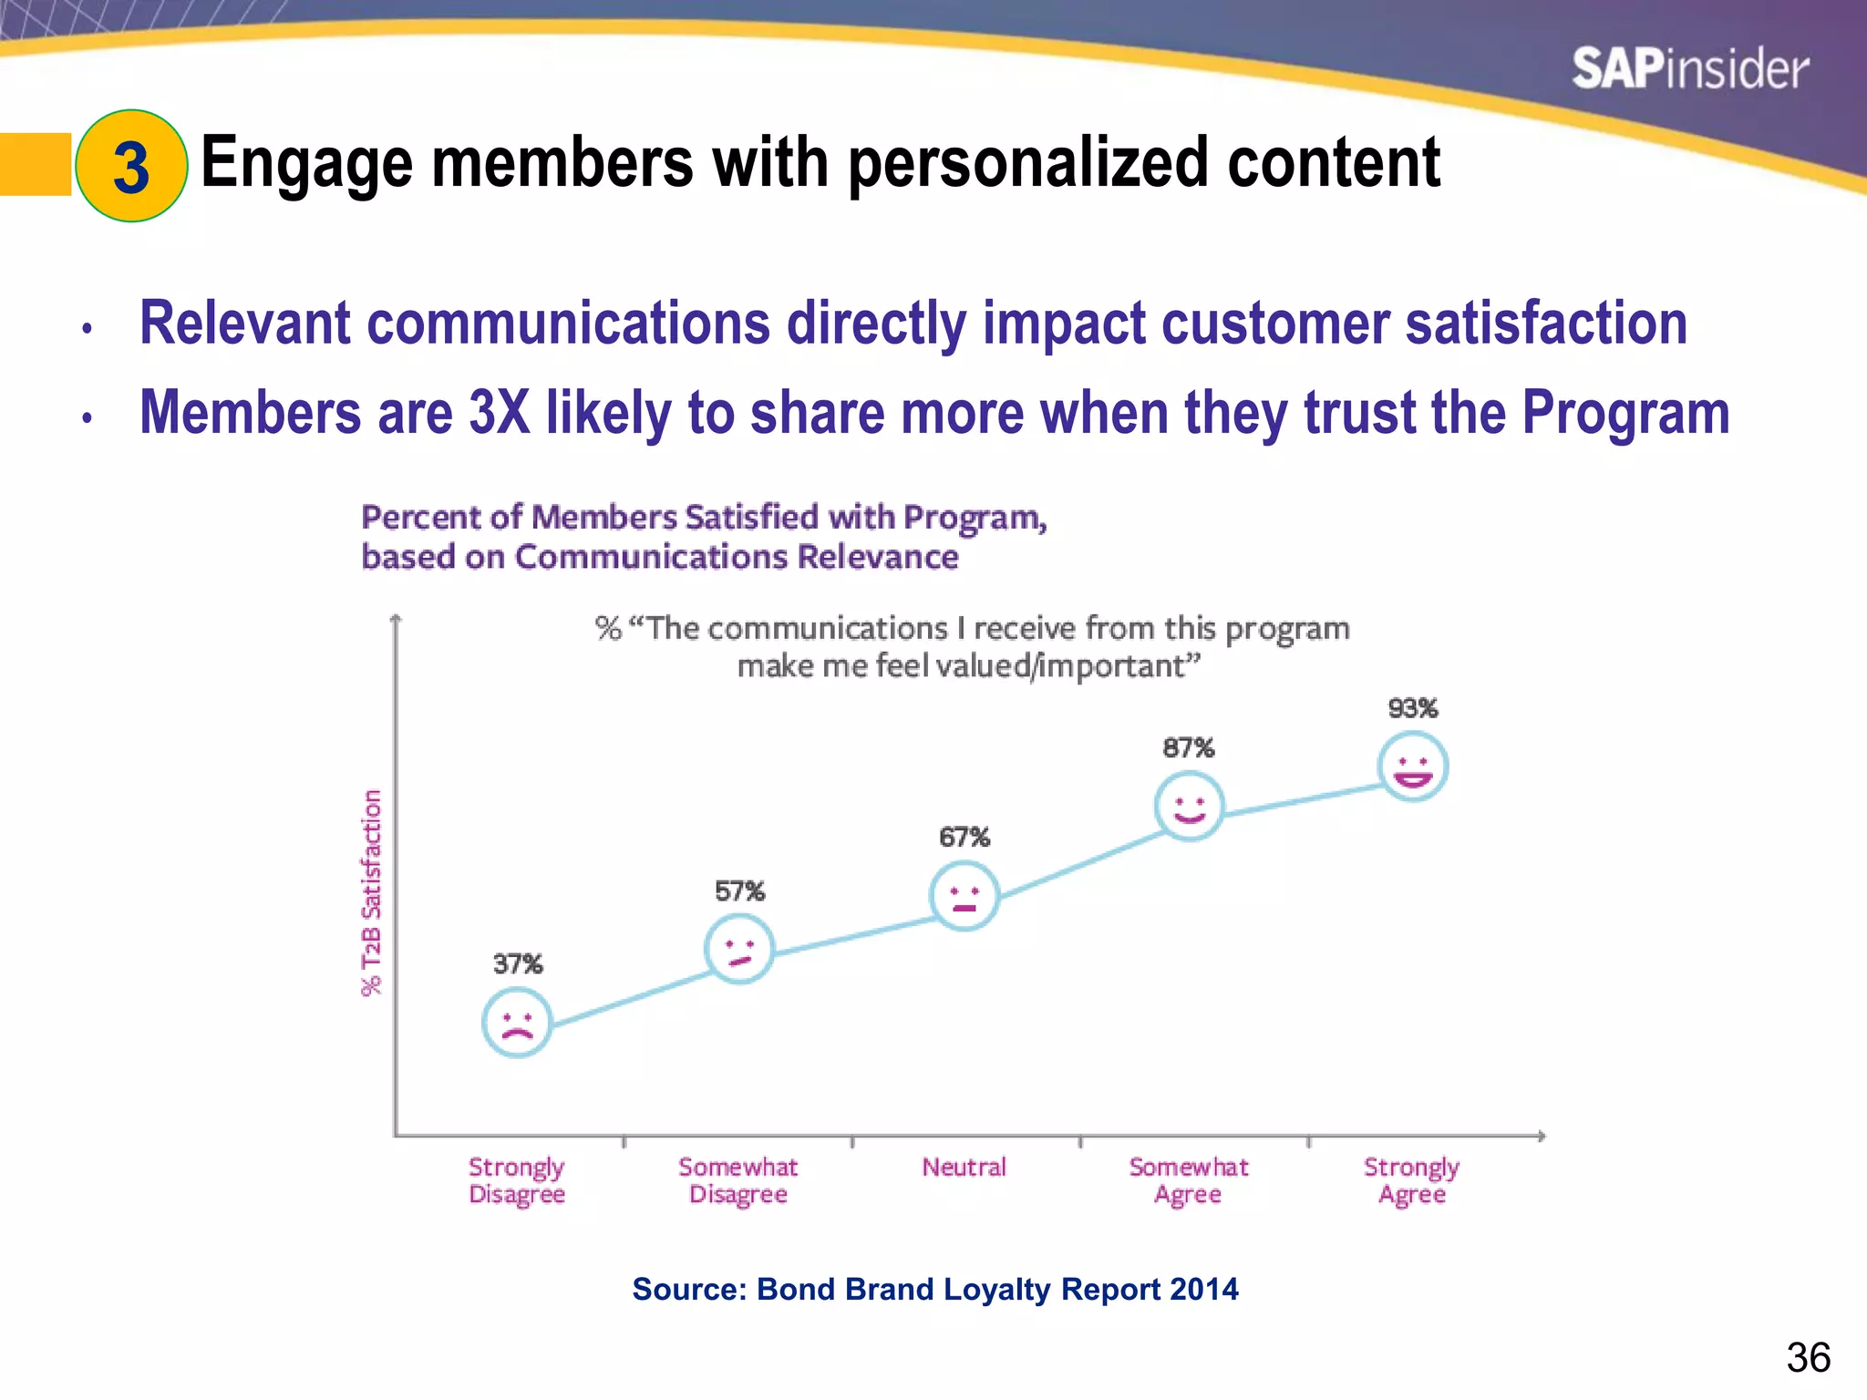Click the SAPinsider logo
click(x=1689, y=69)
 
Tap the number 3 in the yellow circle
click(x=131, y=168)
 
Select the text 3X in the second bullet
click(x=499, y=412)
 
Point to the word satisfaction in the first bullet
click(x=1546, y=324)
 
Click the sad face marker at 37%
click(x=517, y=1023)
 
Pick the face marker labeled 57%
click(x=739, y=949)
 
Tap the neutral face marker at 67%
click(x=964, y=895)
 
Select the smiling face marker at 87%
click(x=1189, y=806)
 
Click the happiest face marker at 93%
click(x=1412, y=767)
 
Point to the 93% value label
click(x=1412, y=708)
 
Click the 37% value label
click(x=517, y=963)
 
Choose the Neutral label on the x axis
click(x=964, y=1167)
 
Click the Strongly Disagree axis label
click(x=517, y=1180)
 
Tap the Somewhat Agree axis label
click(x=1188, y=1180)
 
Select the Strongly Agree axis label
click(x=1411, y=1180)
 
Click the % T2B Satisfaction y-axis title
click(x=371, y=893)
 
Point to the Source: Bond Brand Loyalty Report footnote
click(x=934, y=1289)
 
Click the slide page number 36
click(x=1808, y=1358)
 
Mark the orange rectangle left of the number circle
click(x=35, y=165)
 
